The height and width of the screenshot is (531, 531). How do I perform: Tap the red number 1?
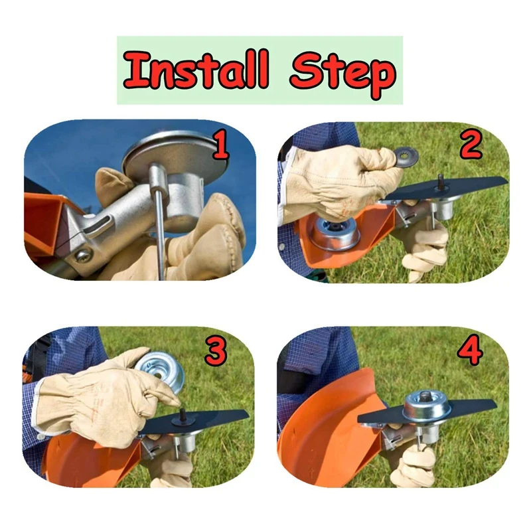(x=219, y=145)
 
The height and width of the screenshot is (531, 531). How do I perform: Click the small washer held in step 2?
(x=406, y=157)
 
